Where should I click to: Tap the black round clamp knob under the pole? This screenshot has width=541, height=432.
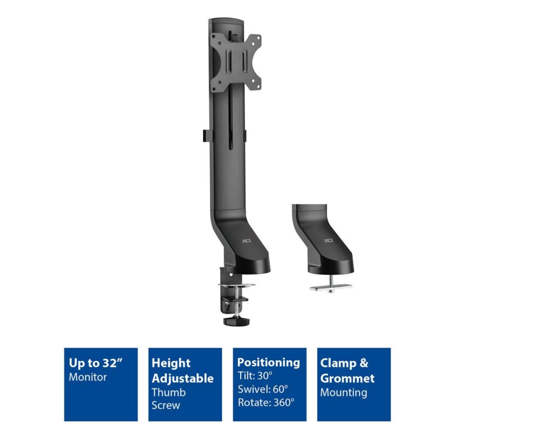tap(236, 321)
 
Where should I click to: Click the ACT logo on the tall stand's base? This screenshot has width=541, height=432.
tap(247, 241)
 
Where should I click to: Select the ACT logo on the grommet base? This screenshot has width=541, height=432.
tap(329, 240)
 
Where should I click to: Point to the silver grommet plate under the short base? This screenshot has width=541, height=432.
tap(331, 287)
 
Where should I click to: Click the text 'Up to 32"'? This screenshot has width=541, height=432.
tap(96, 363)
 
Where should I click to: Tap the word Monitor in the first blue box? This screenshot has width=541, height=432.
tap(88, 377)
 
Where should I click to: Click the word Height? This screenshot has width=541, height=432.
tap(171, 363)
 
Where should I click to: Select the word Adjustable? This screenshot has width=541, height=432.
tap(182, 378)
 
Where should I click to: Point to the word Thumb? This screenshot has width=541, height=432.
tap(168, 392)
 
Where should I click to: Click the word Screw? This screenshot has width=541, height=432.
tap(166, 405)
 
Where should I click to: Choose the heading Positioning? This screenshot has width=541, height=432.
tap(268, 362)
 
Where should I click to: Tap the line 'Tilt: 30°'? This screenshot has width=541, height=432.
tap(255, 375)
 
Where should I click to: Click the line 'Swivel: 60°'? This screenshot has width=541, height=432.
tap(262, 389)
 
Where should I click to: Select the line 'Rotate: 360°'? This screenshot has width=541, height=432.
tap(266, 402)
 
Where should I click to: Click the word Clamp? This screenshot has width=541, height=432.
tap(338, 363)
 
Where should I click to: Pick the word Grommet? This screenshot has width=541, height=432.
tap(347, 378)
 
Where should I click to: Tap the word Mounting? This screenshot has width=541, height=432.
tap(344, 393)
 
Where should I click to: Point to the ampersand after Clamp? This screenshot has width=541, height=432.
tap(364, 363)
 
